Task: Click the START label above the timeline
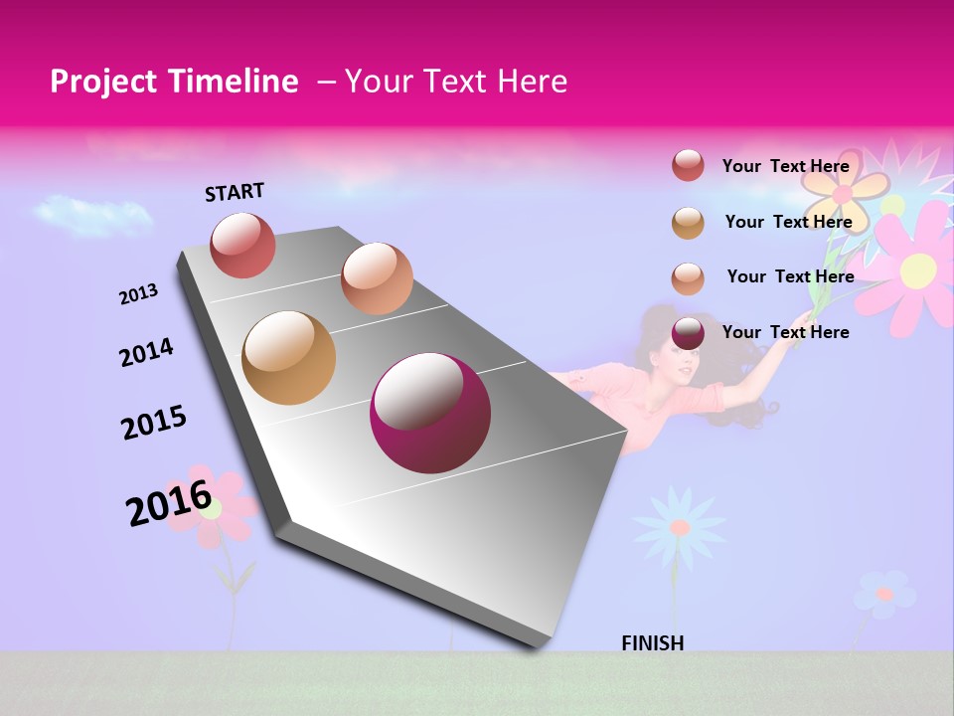coord(235,192)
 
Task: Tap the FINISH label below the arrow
coord(652,643)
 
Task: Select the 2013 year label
coord(138,294)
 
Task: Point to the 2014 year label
coord(146,353)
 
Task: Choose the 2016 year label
coord(169,502)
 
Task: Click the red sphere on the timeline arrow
coord(242,245)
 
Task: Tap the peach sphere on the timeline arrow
coord(377,278)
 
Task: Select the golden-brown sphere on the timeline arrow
coord(288,358)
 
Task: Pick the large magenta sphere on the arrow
coord(430,413)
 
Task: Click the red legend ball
coord(688,165)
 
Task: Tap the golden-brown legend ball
coord(688,222)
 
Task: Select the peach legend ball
coord(688,277)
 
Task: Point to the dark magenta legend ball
coord(688,333)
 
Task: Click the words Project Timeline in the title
coord(174,82)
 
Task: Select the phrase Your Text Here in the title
coord(455,82)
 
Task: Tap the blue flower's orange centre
coord(680,527)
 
